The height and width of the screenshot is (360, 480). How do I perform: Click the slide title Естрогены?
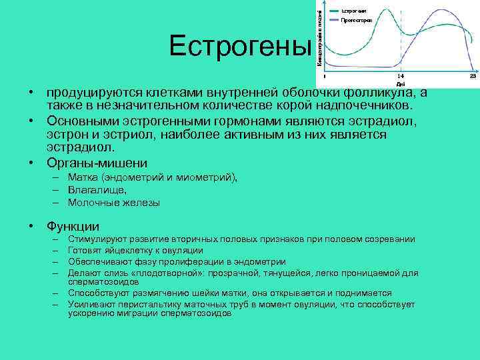click(240, 47)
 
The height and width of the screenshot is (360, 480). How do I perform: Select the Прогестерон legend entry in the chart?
click(356, 21)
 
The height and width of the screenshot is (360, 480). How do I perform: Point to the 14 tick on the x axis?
click(400, 77)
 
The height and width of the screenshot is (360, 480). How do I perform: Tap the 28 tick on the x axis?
click(473, 77)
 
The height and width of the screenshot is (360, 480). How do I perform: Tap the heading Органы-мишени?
click(97, 163)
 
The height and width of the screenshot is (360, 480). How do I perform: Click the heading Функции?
click(73, 226)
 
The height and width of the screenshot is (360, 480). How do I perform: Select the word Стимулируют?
click(96, 239)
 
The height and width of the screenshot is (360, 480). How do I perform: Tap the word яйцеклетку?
click(123, 251)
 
